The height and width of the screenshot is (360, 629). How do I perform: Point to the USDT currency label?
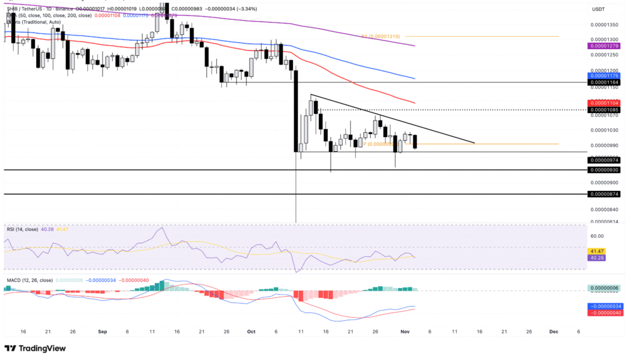598,9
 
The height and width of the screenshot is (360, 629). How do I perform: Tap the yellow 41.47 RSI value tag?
595,251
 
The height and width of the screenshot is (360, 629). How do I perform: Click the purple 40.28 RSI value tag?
595,258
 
